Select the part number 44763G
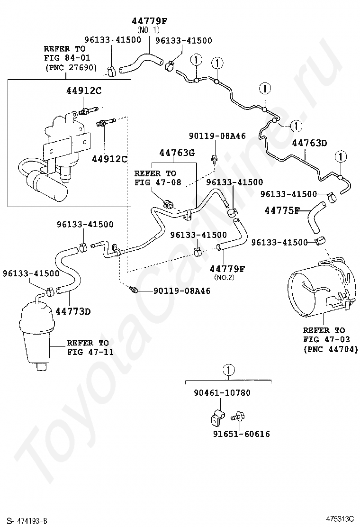pos(177,153)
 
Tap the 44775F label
pos(281,210)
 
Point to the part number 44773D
pos(73,311)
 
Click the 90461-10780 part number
pos(222,393)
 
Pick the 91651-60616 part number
pos(242,434)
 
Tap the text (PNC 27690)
pos(71,68)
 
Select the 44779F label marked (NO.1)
pos(150,21)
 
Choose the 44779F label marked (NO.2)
pos(227,269)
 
